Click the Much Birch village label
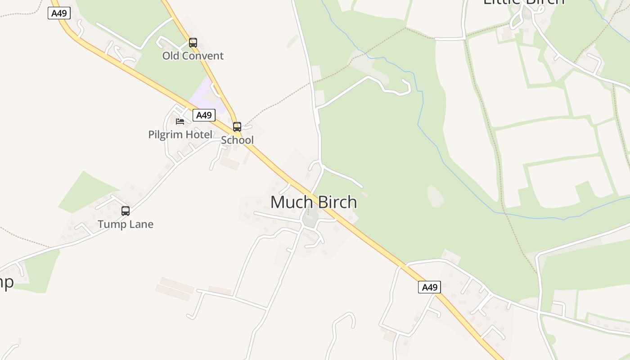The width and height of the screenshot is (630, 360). [314, 202]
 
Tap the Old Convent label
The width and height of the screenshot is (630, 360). [193, 56]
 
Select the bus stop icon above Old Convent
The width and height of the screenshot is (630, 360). [193, 43]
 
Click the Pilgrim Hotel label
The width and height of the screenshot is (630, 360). [180, 135]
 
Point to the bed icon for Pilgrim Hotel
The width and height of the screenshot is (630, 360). [180, 121]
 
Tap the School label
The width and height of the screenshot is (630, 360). [237, 140]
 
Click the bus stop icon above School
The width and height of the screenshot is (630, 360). [237, 127]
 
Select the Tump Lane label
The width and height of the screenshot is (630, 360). [126, 224]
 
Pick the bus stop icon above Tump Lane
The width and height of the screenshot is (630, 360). [126, 211]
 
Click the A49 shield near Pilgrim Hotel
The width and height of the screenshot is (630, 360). [204, 115]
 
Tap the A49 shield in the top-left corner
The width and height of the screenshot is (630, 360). [59, 13]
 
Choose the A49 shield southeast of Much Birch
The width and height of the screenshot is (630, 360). [429, 287]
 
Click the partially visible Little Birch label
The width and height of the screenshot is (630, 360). [523, 2]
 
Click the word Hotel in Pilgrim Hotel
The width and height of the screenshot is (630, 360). [200, 135]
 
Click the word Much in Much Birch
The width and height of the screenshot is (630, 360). [289, 202]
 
